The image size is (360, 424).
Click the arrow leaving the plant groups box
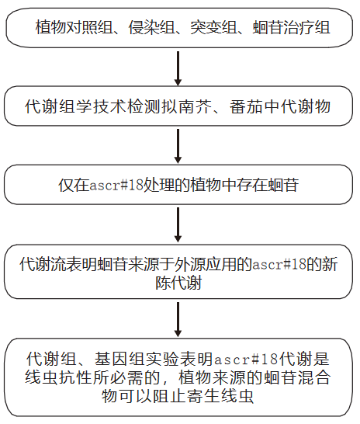pos(178,68)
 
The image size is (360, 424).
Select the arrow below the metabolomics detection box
pos(178,145)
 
